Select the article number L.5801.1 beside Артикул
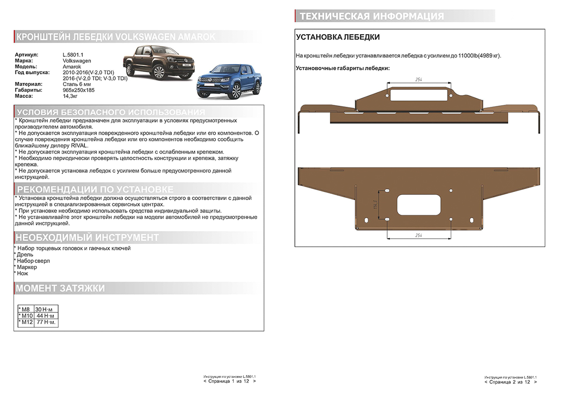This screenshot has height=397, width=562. [x=73, y=55]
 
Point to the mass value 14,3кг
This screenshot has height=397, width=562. [x=70, y=96]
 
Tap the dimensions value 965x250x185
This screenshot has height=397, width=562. [x=79, y=90]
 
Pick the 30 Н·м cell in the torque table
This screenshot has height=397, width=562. [x=46, y=310]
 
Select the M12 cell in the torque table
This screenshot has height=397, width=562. [x=26, y=323]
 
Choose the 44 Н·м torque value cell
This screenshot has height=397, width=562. [x=46, y=316]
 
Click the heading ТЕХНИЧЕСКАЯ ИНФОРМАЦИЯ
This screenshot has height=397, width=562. [x=371, y=16]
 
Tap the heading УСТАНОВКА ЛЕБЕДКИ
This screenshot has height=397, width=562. [x=338, y=37]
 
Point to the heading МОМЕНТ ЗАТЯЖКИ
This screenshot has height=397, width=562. [x=60, y=288]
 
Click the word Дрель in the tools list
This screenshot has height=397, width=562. [x=25, y=254]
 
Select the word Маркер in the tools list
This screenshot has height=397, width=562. [x=27, y=267]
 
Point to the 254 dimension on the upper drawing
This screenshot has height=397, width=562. [x=419, y=80]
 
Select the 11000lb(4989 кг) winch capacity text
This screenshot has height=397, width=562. [x=479, y=56]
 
